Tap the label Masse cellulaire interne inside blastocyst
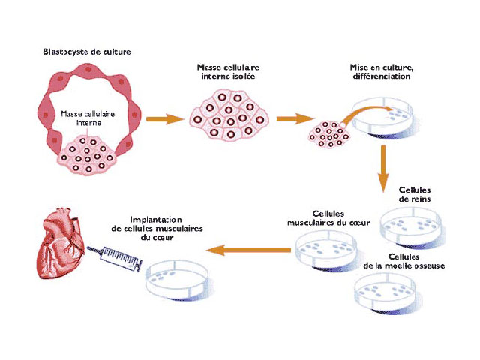(x=85, y=118)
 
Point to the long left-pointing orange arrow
(x=248, y=249)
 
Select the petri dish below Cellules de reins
(x=412, y=223)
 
